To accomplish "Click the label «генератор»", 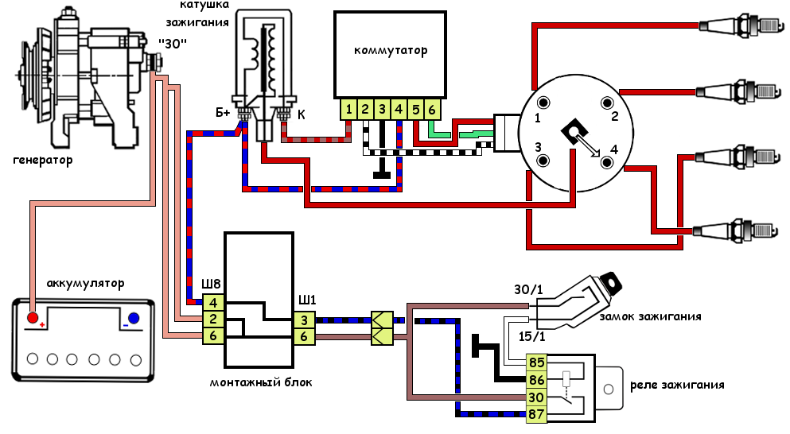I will (x=43, y=161).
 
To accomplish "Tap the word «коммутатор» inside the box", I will (x=391, y=51).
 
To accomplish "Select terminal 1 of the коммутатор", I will (x=348, y=109).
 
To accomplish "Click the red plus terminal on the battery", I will (x=33, y=319).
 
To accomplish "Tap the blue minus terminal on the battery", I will (x=134, y=319).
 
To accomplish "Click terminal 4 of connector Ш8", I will (x=213, y=303).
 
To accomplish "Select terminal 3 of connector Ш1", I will (x=304, y=320).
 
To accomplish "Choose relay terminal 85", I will (x=537, y=363).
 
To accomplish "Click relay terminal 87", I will (x=537, y=413).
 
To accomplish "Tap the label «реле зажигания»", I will (x=677, y=386).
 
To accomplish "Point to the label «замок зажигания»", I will (x=660, y=316).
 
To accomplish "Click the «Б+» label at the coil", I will (x=223, y=114).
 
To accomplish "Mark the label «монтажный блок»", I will (x=261, y=382).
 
